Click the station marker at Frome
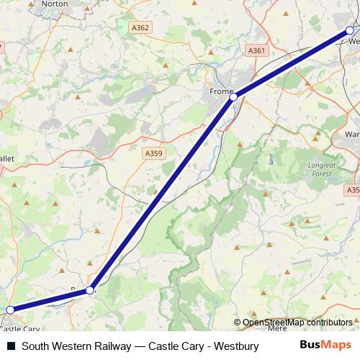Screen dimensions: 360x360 click(x=233, y=96)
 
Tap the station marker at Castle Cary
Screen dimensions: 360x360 click(x=10, y=310)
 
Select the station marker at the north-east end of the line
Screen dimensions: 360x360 click(x=350, y=30)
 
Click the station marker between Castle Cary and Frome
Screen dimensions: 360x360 click(x=90, y=290)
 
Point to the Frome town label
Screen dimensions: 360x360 click(x=219, y=92)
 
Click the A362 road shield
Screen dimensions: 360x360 click(x=141, y=27)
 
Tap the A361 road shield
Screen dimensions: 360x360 click(x=256, y=50)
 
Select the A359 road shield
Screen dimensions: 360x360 click(x=153, y=153)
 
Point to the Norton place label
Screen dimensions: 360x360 click(x=55, y=4)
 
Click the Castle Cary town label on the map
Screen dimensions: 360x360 click(x=20, y=329)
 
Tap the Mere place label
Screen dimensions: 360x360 click(x=276, y=328)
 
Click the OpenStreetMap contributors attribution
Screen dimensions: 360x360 click(x=297, y=323)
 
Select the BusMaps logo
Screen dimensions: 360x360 click(x=327, y=346)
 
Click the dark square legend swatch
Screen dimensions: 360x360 click(x=11, y=346)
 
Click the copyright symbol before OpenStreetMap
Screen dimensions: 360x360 click(x=237, y=323)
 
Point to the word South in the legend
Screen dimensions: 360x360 click(x=35, y=346)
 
